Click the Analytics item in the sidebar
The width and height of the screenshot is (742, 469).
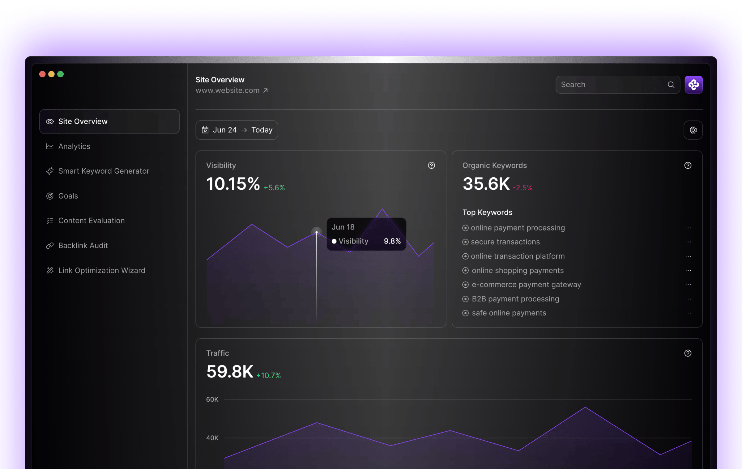pos(74,146)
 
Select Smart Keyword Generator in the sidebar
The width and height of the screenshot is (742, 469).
pos(103,171)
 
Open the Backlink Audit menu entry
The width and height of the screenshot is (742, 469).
pos(83,246)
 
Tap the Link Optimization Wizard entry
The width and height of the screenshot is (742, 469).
pos(101,271)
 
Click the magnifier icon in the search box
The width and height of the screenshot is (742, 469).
pos(671,85)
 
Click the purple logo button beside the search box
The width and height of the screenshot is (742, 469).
pos(693,85)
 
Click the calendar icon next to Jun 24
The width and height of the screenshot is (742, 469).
pos(205,130)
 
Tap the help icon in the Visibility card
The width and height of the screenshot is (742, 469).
pos(431,166)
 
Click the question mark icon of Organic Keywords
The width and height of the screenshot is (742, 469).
pos(688,166)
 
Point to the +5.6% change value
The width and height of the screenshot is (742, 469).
pos(274,188)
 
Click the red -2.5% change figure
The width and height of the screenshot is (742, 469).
pos(522,188)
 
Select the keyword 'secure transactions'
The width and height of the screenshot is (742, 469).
pos(505,242)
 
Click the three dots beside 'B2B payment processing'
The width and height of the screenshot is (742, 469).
pos(689,299)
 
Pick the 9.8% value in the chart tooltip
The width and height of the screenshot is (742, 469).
pos(392,241)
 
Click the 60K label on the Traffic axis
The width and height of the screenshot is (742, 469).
pos(212,399)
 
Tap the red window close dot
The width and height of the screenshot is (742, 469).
pos(43,74)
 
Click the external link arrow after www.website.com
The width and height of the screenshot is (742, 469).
pos(265,91)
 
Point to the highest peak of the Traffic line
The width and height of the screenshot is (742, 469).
pos(585,408)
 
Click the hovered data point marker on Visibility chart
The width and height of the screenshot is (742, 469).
pos(316,232)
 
